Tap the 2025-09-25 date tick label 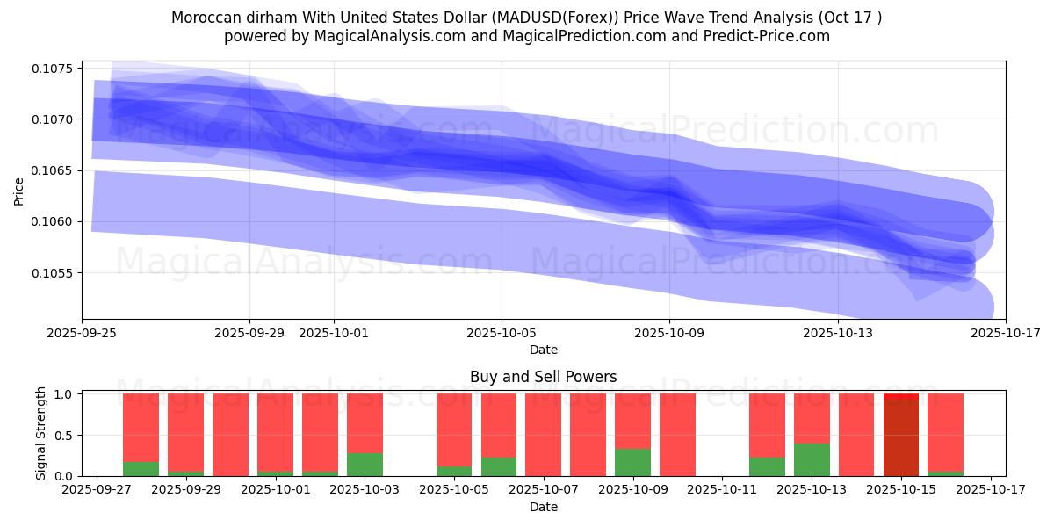tap(83, 333)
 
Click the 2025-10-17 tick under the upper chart tap(1005, 333)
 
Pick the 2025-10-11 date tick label tap(721, 489)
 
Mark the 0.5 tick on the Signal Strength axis tap(67, 436)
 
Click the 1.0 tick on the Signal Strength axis tap(67, 394)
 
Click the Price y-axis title tap(19, 191)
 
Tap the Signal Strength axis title tap(41, 433)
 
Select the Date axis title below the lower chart tap(543, 507)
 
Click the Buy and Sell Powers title tap(543, 377)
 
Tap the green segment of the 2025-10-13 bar tap(812, 459)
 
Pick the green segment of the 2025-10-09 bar tap(632, 462)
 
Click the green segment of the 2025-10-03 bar tap(365, 465)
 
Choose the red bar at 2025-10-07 tap(543, 435)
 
